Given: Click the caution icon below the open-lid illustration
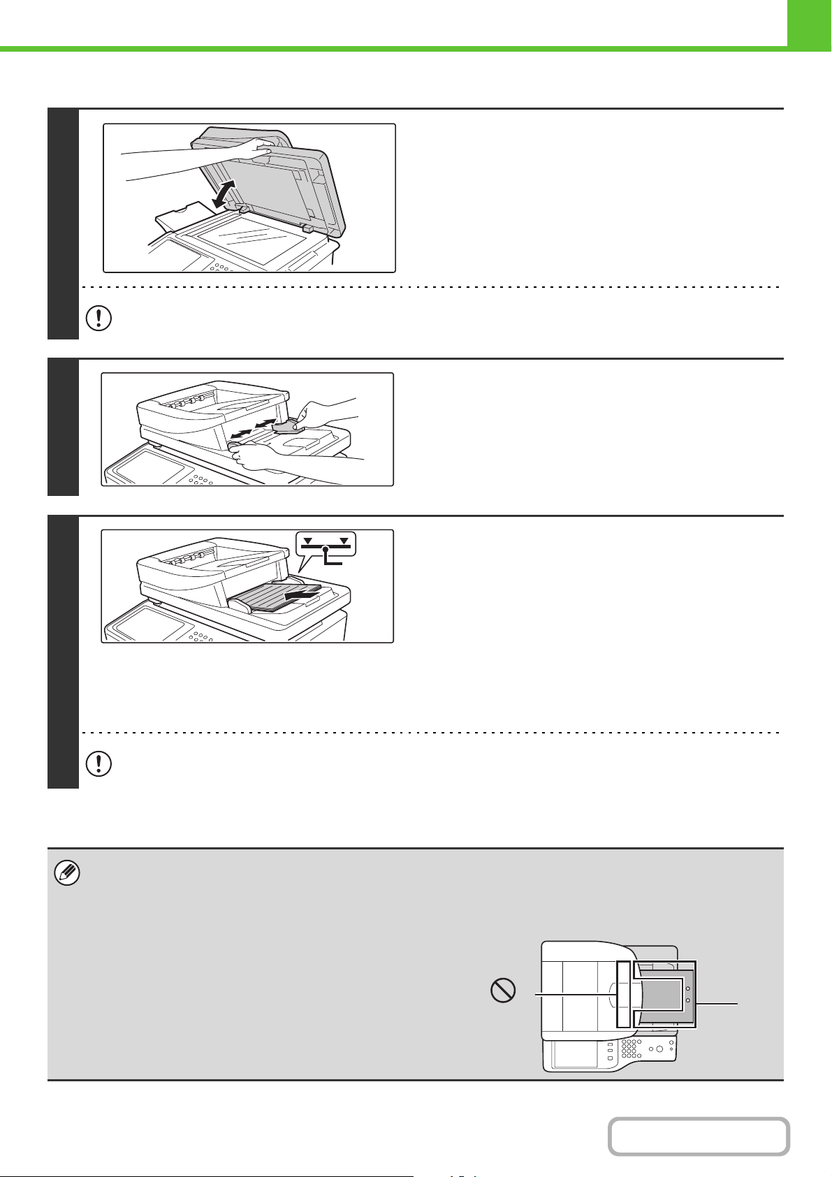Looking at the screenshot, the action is coord(98,318).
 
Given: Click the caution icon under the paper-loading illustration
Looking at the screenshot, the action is coord(98,765).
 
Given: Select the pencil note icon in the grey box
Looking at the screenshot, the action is coord(68,874).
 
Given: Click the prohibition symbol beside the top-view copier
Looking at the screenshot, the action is coord(503,990).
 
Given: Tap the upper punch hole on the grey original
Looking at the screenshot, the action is coord(688,988).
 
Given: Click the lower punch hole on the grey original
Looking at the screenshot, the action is coord(688,1001).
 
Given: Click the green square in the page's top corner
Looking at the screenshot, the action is coord(809,22).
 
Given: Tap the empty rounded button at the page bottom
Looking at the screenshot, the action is coord(698,1136).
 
